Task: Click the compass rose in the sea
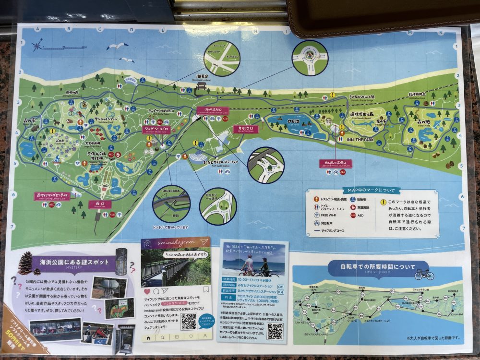click(x=37, y=46)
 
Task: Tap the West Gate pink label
click(x=100, y=204)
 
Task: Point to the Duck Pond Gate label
click(x=246, y=129)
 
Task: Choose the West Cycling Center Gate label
click(x=52, y=196)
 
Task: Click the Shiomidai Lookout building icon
click(x=202, y=88)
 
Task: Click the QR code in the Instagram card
click(x=189, y=321)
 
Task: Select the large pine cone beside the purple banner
click(x=25, y=263)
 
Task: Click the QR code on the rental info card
click(x=275, y=331)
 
